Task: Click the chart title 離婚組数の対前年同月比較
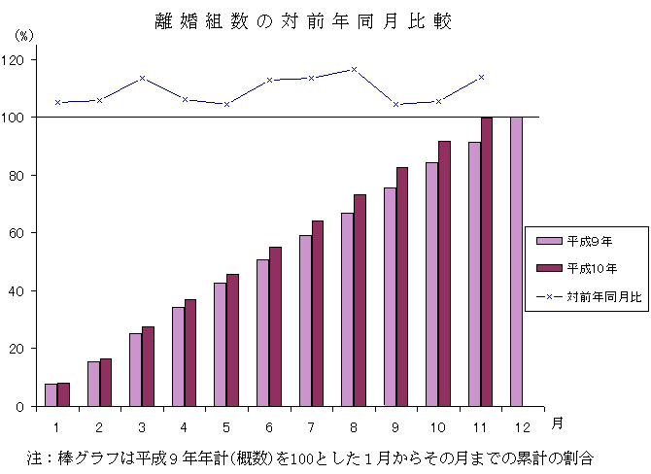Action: pos(302,21)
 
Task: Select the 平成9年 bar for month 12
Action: pos(516,261)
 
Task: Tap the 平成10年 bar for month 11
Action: pos(487,261)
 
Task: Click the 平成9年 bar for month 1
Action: pos(51,395)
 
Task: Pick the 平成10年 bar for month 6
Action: pos(275,326)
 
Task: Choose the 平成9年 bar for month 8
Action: pos(347,309)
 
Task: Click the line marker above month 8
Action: pos(354,69)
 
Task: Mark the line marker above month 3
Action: pos(142,78)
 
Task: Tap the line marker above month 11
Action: pos(481,77)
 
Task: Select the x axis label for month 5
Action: pos(226,425)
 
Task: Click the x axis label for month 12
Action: pos(523,425)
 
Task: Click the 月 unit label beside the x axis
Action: pos(556,423)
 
